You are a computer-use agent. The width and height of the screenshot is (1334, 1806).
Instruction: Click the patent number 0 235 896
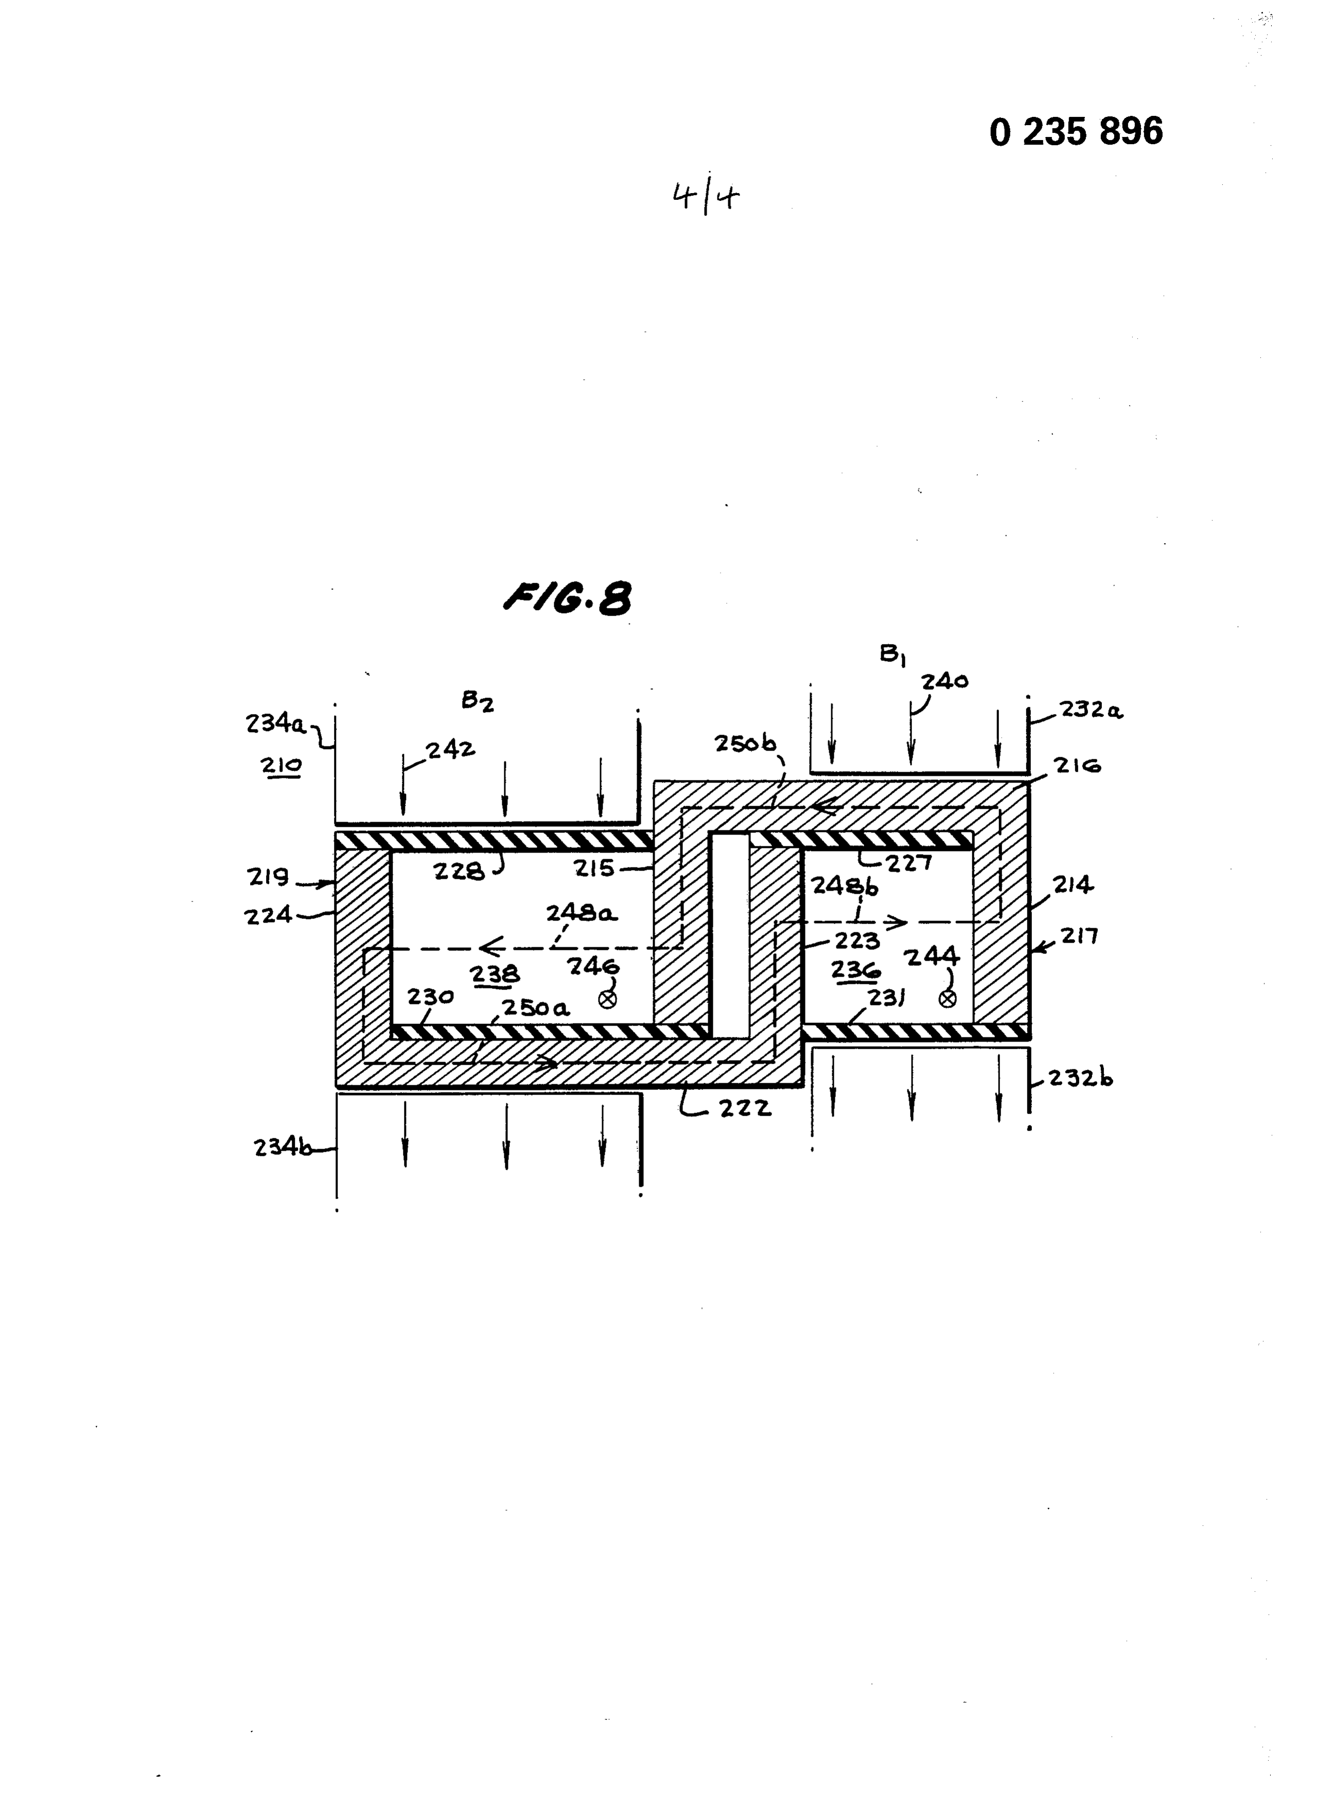coord(1076,131)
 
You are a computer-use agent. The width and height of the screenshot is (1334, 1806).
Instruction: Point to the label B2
coord(477,701)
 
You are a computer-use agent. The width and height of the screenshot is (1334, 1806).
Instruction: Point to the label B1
coord(892,654)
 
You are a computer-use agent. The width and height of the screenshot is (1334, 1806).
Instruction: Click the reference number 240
coord(945,681)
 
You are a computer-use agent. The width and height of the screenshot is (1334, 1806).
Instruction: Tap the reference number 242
coord(451,750)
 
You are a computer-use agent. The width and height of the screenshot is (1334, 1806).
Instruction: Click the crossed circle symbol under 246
coord(607,999)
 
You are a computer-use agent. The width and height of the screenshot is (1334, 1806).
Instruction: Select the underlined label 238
coord(495,974)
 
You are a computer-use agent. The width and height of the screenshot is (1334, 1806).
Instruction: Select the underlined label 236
coord(855,969)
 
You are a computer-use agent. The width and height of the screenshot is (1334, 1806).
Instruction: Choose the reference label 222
coord(745,1108)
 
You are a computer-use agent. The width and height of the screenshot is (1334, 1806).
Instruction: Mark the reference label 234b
coord(283,1148)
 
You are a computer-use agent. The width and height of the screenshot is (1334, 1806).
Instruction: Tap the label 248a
coord(582,913)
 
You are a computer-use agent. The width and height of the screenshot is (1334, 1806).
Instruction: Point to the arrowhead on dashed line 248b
coord(898,922)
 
